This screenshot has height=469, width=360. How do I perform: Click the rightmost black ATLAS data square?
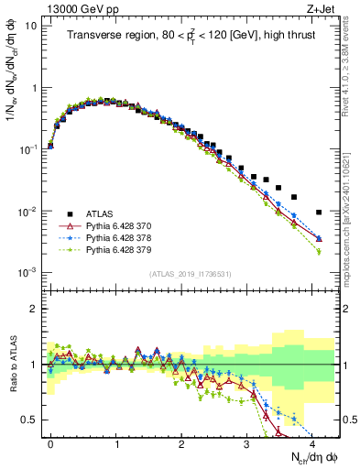(319, 213)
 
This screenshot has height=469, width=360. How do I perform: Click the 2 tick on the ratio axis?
(34, 309)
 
